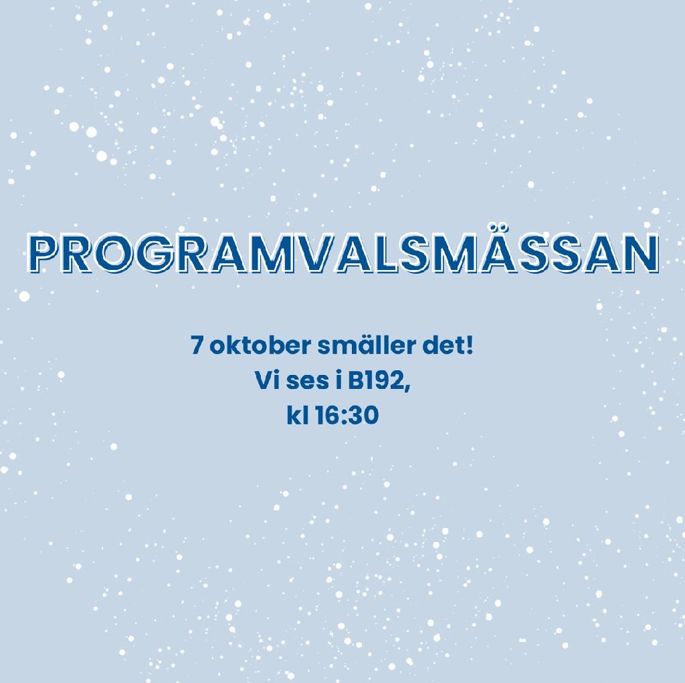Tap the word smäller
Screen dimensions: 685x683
tap(367, 346)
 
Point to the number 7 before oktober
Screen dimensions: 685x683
tap(197, 347)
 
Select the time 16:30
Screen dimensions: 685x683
tap(347, 416)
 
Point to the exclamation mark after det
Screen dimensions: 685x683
tap(470, 346)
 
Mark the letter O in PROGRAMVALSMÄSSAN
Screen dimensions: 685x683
tap(110, 253)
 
